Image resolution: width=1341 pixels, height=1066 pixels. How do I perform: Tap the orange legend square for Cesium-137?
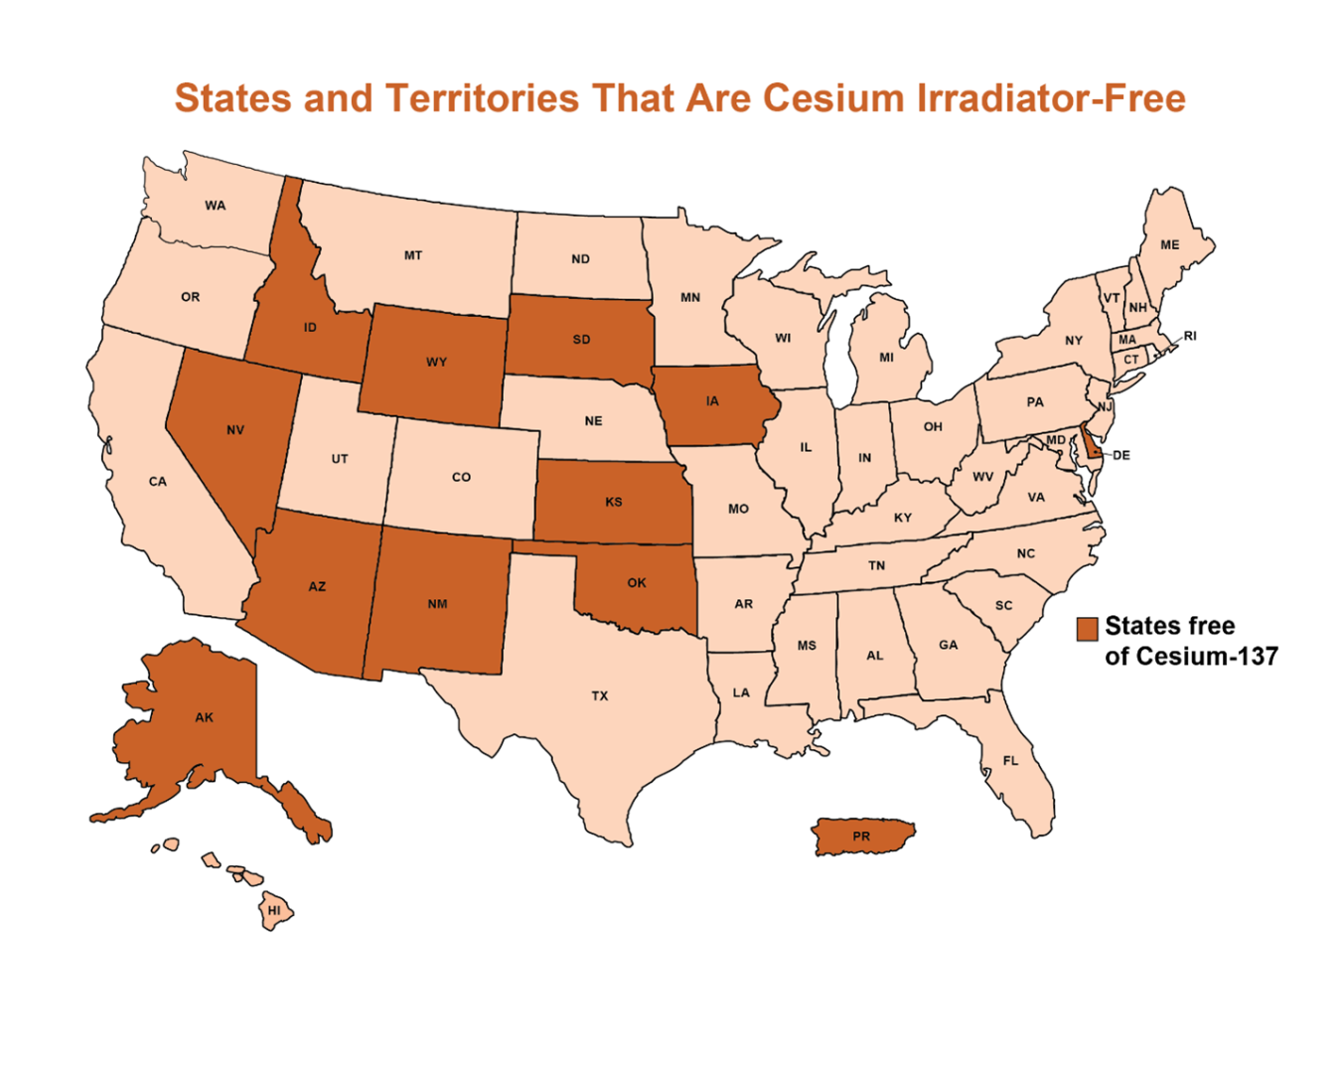1088,628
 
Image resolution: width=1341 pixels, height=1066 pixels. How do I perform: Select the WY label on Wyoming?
436,362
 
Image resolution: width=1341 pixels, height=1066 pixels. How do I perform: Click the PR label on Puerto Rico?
861,837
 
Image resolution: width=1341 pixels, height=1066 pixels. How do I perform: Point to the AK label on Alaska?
204,717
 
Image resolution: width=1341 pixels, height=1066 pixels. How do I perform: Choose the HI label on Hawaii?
274,910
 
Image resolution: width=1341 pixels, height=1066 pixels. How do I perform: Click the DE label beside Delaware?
1120,455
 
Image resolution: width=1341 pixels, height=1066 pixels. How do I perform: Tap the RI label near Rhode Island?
1190,336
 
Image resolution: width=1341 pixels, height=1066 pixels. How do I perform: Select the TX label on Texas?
600,695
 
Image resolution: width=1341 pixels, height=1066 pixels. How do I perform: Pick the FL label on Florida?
1010,761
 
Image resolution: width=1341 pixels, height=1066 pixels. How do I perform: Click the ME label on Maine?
1170,244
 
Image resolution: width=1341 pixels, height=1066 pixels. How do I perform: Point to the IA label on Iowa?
712,401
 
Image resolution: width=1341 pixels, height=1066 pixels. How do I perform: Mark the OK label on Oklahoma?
637,583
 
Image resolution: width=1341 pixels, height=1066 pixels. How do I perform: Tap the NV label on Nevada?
235,430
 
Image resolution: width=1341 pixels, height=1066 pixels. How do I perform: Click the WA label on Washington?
216,206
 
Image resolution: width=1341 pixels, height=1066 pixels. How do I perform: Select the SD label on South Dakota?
581,340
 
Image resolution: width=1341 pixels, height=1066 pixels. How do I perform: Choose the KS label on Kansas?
614,502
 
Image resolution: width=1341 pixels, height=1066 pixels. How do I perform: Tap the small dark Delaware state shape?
1090,443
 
